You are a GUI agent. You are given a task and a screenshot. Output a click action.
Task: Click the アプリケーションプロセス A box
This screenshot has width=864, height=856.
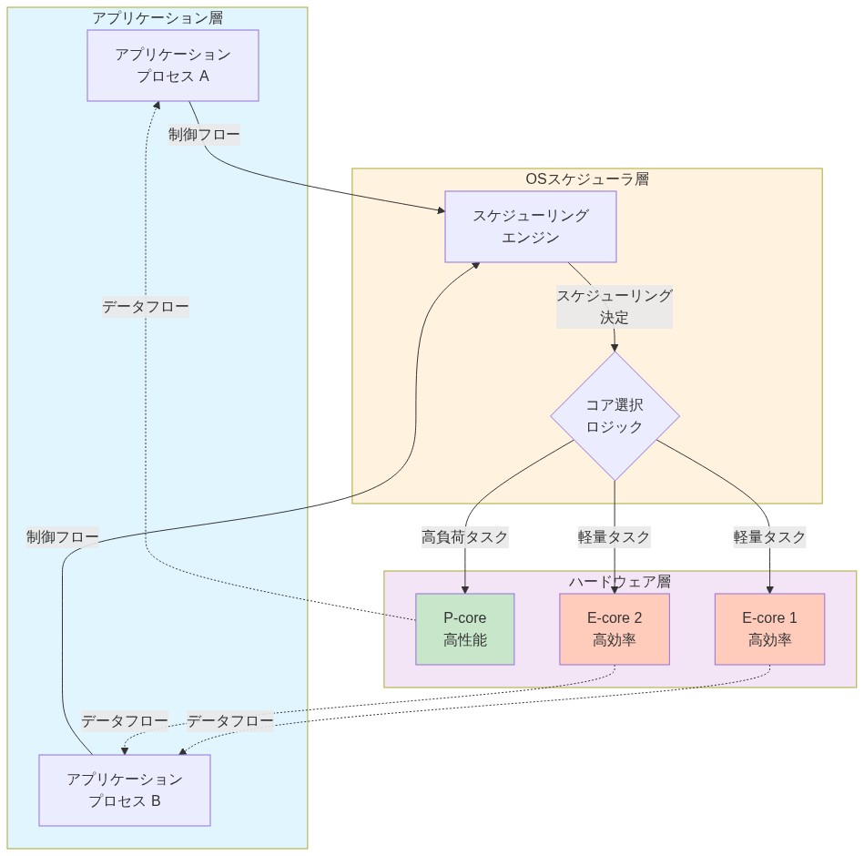173,66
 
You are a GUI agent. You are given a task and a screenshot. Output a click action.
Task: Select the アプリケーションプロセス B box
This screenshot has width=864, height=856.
125,790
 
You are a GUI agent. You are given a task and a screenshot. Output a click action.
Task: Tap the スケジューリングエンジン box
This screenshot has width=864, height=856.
531,227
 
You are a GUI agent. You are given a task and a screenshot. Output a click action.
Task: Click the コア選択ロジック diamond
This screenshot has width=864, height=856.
615,416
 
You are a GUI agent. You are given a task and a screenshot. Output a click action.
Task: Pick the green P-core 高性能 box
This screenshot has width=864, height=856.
465,629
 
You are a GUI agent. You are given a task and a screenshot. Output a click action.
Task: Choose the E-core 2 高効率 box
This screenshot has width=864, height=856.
615,629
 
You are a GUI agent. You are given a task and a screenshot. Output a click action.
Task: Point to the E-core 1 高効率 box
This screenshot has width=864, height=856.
770,629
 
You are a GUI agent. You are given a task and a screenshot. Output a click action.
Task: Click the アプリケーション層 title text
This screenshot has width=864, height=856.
158,17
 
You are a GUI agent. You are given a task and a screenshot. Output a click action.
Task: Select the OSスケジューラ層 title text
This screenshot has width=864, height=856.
587,178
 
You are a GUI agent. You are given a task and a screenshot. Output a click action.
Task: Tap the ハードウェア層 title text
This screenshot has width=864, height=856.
620,581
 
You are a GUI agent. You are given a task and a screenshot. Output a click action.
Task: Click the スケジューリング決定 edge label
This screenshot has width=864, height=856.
615,307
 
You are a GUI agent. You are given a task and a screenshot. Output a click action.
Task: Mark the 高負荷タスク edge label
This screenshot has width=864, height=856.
465,536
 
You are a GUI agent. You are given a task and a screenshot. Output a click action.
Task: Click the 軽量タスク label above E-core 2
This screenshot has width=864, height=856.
615,536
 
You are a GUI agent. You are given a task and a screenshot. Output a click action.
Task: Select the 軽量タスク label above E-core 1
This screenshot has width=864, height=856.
770,536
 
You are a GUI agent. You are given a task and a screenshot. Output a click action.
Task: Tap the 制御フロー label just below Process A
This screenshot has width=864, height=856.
204,135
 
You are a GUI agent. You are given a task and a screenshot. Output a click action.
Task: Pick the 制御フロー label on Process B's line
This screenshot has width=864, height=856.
62,536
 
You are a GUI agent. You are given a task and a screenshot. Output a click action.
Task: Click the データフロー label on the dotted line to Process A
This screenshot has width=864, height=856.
146,307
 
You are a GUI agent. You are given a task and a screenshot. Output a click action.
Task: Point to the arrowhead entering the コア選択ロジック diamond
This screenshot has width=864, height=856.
615,347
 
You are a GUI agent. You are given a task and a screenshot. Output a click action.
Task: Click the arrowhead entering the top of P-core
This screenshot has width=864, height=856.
465,588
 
